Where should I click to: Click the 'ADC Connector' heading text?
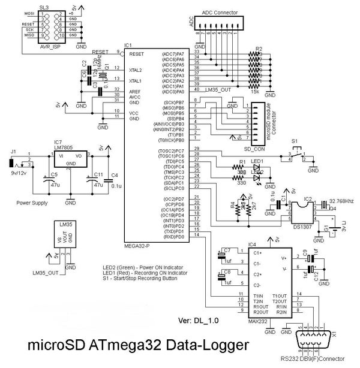click(x=219, y=12)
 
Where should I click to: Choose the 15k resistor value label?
click(x=255, y=91)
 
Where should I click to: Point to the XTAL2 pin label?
click(x=136, y=70)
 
